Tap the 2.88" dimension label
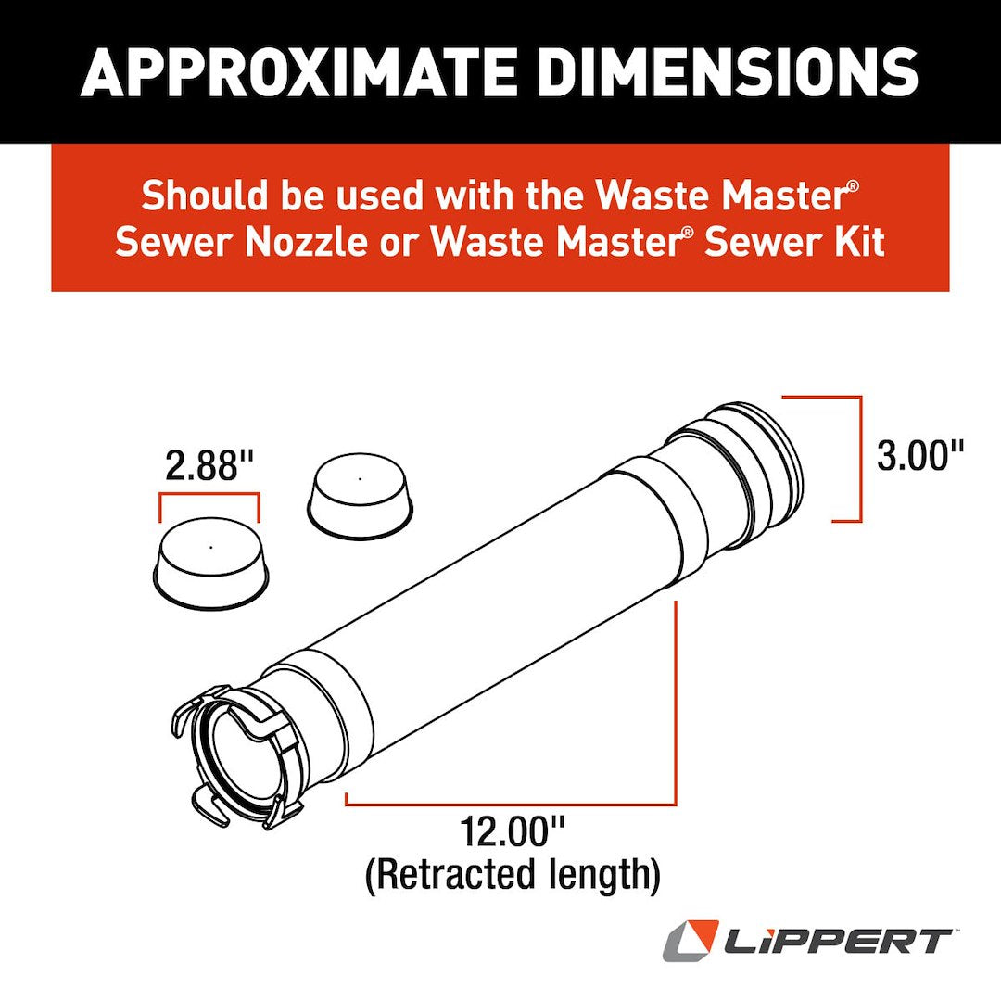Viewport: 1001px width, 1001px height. [x=209, y=465]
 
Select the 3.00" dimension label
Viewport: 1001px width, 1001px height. [x=921, y=456]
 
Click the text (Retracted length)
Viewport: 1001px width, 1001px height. [x=513, y=876]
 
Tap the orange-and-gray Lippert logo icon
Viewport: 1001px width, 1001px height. [x=690, y=941]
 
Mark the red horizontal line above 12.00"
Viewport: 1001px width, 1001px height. [x=510, y=803]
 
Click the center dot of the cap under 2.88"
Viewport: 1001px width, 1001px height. [x=211, y=547]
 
